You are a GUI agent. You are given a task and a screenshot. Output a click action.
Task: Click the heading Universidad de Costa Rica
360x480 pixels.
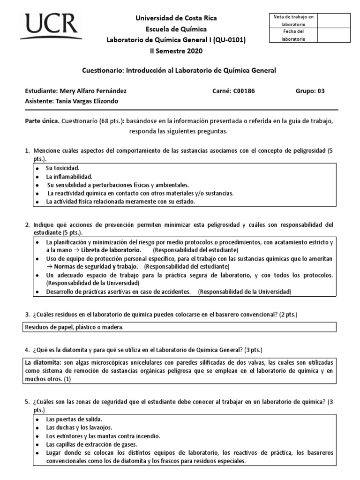176,18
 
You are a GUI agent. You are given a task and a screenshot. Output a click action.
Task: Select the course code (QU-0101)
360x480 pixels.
229,40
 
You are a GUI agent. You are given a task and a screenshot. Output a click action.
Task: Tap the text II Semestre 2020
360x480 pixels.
176,51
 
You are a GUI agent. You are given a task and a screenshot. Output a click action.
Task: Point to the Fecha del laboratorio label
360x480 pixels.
293,35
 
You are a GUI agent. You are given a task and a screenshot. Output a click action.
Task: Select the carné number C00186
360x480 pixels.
244,91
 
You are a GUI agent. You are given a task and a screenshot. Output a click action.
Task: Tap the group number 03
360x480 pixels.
321,91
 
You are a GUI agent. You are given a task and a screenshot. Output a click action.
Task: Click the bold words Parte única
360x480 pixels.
42,121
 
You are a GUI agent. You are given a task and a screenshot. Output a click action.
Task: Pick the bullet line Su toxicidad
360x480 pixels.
62,167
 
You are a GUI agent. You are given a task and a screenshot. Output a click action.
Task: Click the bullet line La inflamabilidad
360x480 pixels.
69,177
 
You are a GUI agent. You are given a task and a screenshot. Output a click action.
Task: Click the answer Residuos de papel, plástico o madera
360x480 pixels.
74,327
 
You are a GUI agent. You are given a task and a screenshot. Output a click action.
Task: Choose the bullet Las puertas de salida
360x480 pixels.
74,419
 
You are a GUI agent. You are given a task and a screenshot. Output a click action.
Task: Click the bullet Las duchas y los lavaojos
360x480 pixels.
79,427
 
